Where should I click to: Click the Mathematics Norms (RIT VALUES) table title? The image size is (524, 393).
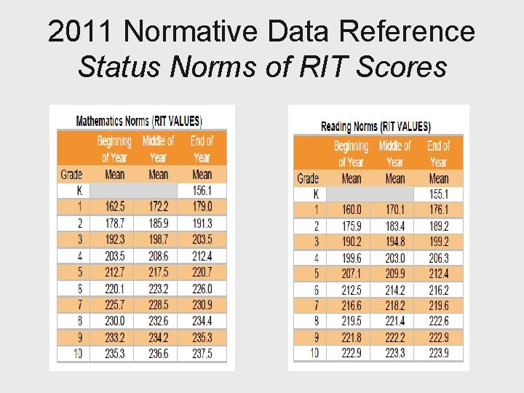pos(139,121)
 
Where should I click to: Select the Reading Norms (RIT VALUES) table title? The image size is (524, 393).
pos(376,127)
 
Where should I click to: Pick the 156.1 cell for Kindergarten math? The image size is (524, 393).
pos(202,191)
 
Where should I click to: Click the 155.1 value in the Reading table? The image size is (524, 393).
pos(438,194)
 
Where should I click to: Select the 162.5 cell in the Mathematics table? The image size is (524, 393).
pos(115,207)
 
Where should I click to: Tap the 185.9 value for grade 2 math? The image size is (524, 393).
pos(158,223)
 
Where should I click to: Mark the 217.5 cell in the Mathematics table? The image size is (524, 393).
pos(158,272)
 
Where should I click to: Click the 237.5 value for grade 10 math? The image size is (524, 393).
pos(202,354)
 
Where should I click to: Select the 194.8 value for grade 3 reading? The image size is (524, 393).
pos(394,242)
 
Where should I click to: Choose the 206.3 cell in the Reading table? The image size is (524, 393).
pos(438,258)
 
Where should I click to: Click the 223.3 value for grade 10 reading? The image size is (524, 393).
pos(394,353)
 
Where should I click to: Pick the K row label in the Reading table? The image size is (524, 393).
pos(316,194)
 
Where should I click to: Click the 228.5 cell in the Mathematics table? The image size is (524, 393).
pos(158,305)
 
